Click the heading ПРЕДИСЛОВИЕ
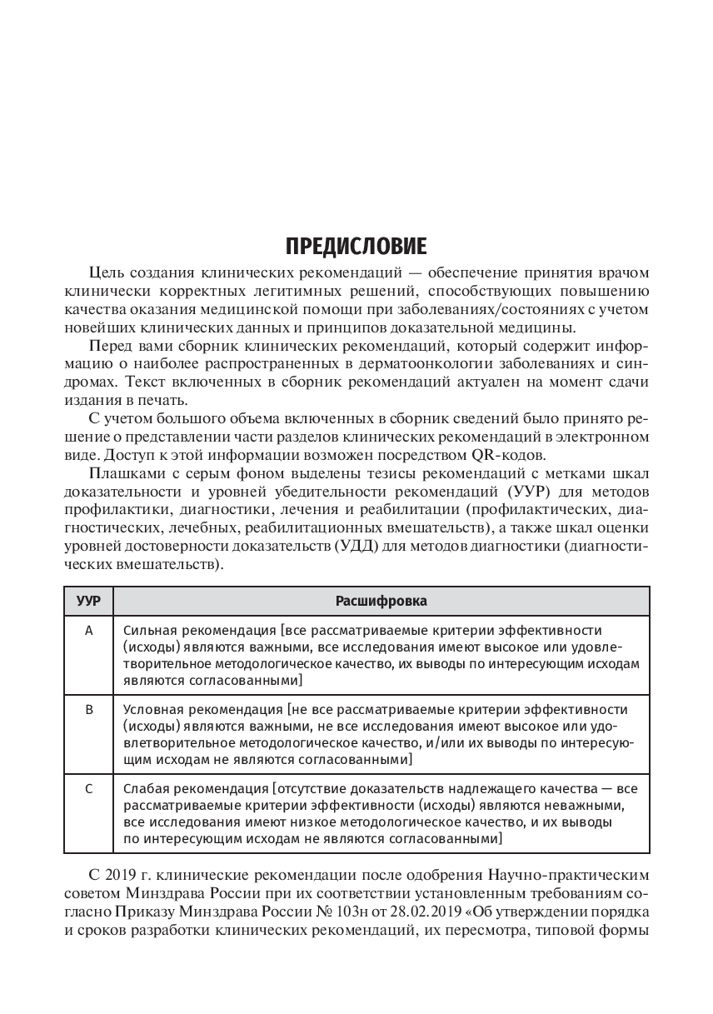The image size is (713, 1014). pyautogui.click(x=356, y=247)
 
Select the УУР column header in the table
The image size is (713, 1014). pyautogui.click(x=88, y=601)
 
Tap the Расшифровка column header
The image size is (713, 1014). pyautogui.click(x=381, y=601)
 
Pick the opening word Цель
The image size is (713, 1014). pyautogui.click(x=102, y=272)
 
